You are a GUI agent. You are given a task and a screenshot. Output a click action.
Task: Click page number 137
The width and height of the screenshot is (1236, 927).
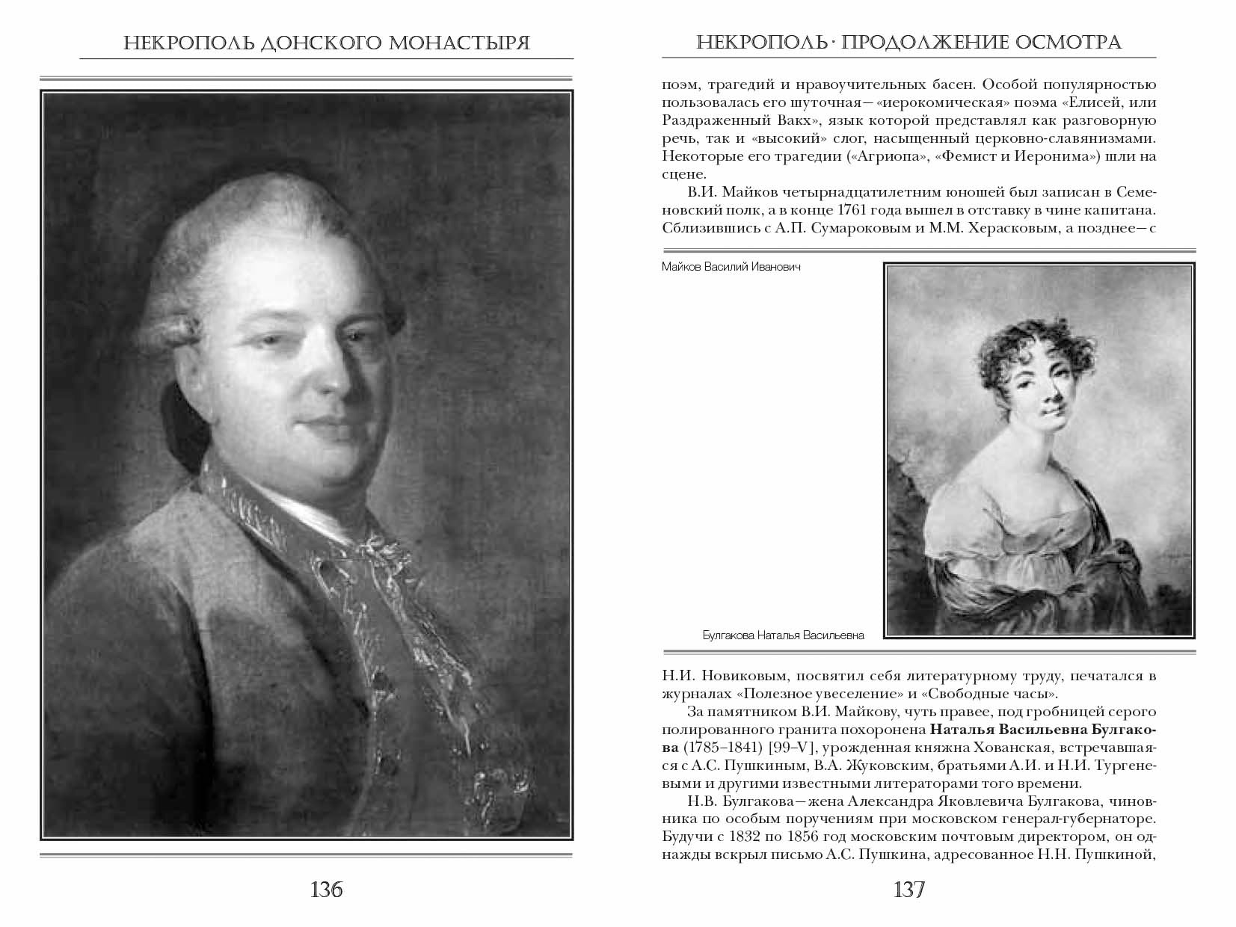(908, 890)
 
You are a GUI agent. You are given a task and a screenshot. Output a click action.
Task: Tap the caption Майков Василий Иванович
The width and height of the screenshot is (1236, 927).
(731, 267)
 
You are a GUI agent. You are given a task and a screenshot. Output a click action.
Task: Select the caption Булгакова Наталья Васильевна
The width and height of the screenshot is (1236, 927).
(783, 635)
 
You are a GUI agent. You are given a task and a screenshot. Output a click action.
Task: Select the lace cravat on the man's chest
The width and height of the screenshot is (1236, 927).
(359, 568)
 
